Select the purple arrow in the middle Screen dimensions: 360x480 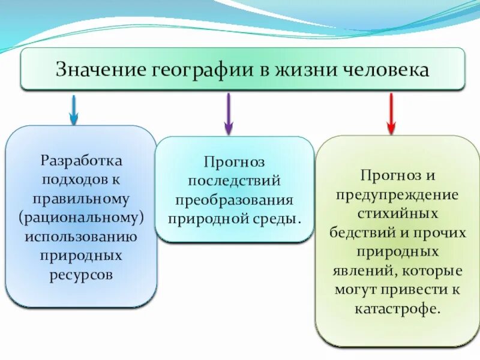[x=228, y=113]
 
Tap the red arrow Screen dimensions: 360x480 [x=391, y=113]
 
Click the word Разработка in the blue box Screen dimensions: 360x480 [x=82, y=160]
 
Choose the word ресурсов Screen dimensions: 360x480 [x=82, y=274]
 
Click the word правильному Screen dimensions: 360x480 [x=82, y=197]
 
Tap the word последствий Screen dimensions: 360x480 [x=234, y=181]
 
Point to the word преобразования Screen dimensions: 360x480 [x=234, y=199]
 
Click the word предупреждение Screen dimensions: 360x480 [x=397, y=194]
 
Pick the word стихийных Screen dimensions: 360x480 [x=397, y=213]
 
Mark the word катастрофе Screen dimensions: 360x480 [x=397, y=310]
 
